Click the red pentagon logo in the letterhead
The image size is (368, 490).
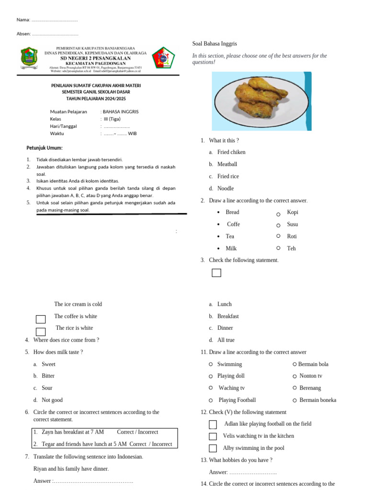163,58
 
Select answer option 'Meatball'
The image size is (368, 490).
227,164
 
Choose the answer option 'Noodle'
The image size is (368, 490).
226,189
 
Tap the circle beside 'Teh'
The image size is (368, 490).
278,248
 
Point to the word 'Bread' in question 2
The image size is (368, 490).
232,212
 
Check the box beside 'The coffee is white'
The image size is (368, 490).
41,319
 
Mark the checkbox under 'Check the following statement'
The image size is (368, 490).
217,273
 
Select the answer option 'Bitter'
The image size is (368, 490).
48,376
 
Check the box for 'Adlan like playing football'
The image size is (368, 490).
213,424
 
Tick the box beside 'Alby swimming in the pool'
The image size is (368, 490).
213,448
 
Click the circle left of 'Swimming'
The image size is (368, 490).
211,364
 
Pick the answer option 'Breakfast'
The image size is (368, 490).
228,316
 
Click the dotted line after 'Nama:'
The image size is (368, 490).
54,20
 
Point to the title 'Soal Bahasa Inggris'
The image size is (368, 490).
215,44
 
